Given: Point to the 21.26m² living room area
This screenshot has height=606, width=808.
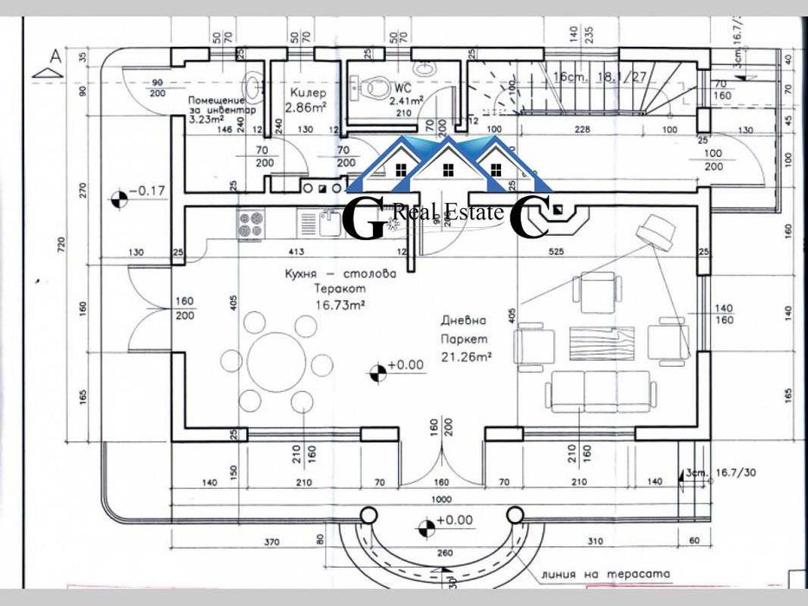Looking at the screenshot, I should [x=466, y=355].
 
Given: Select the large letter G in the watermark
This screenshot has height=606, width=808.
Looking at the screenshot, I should [x=365, y=218].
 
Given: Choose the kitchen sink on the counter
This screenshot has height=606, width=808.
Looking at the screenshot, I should [x=329, y=225].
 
